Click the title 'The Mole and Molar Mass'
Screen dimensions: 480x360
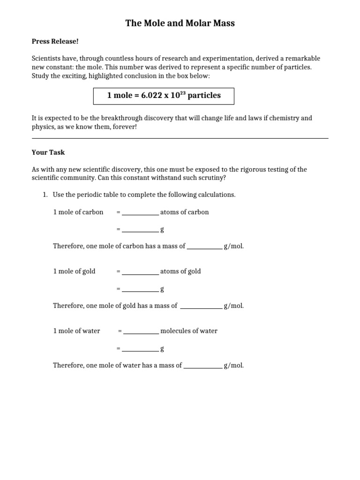point(180,22)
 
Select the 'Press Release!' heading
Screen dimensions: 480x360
point(55,41)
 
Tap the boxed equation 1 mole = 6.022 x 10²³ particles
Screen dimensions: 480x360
point(164,96)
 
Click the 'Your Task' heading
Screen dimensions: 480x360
point(48,152)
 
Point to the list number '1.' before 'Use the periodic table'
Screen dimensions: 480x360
point(45,195)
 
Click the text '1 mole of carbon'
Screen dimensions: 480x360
point(78,212)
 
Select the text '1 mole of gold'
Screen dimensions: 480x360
point(74,271)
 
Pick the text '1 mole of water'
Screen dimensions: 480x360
point(76,331)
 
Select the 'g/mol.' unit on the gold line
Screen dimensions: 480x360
point(233,306)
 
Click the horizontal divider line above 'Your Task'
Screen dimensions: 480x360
point(180,138)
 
